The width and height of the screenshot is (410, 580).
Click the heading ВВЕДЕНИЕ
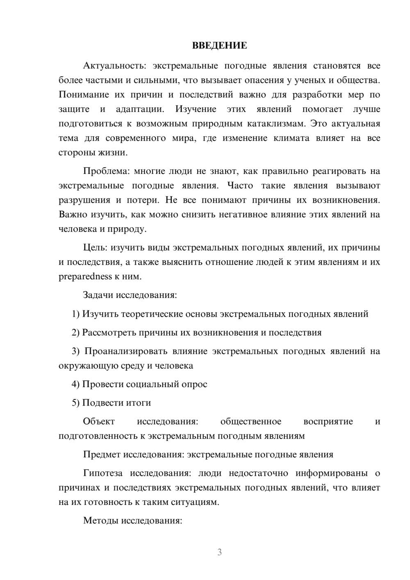click(x=219, y=46)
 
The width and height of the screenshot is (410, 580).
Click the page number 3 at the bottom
click(x=219, y=552)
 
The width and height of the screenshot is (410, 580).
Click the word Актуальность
click(x=109, y=66)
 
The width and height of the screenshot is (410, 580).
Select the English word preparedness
click(x=85, y=276)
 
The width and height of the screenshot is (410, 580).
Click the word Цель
click(x=95, y=248)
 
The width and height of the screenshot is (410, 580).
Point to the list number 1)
click(x=75, y=314)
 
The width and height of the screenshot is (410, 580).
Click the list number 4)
click(x=75, y=384)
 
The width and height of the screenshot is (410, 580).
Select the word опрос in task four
click(x=194, y=384)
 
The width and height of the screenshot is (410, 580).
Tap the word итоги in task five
click(x=137, y=403)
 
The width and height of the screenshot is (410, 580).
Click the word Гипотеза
click(x=102, y=473)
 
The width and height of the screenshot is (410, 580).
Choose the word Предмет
click(x=102, y=454)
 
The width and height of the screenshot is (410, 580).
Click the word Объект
click(x=99, y=422)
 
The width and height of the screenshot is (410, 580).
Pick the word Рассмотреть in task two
click(x=109, y=333)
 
